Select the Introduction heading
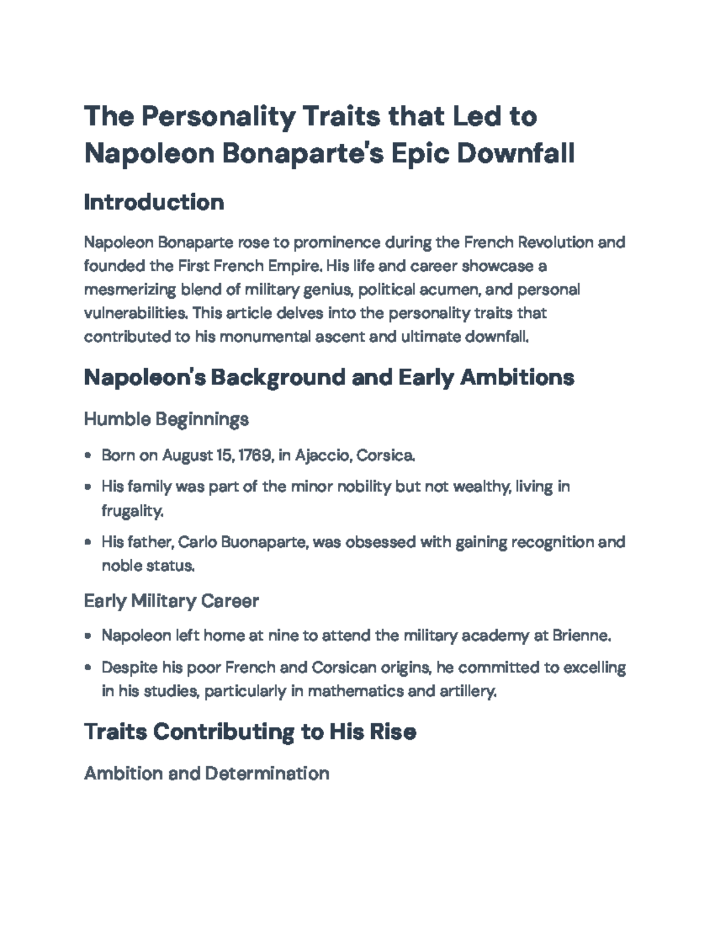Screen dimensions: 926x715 tap(154, 202)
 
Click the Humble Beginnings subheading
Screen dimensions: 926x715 tap(166, 419)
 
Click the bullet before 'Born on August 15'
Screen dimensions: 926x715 tap(88, 456)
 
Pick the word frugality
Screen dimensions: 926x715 tap(132, 511)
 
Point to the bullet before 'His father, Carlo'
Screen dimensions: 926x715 tap(88, 543)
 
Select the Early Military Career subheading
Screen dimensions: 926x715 tap(171, 600)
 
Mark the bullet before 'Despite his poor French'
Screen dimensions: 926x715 tap(88, 668)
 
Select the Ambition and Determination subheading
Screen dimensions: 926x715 tap(206, 773)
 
